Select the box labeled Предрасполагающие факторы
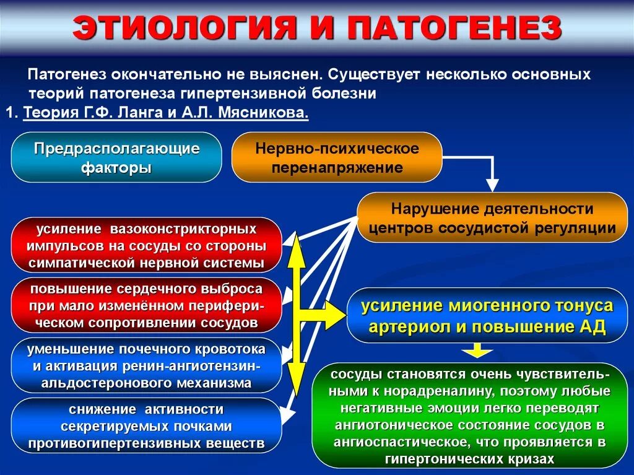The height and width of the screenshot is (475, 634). coord(116,157)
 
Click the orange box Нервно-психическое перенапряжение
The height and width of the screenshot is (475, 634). coord(337,157)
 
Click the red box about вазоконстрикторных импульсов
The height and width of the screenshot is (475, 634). coord(146,245)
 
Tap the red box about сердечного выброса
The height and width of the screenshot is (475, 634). coord(146,305)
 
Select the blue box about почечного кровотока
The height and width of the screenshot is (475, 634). coord(146,365)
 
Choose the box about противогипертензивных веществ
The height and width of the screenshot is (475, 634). coord(146,426)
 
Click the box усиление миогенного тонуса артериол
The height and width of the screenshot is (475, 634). coord(487,316)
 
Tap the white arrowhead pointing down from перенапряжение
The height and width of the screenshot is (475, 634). coord(492,185)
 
